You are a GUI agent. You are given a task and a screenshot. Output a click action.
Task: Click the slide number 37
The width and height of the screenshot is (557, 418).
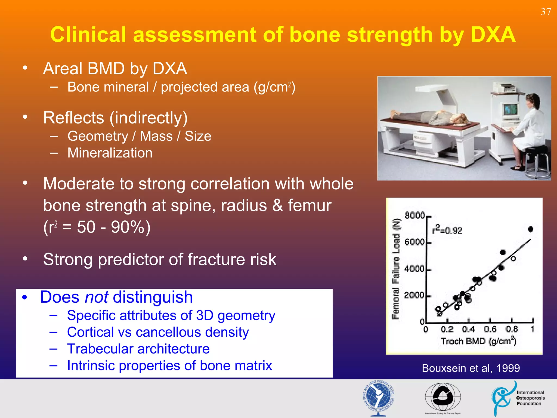(x=546, y=12)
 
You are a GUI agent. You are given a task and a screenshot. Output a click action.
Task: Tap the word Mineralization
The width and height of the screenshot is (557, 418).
(x=110, y=153)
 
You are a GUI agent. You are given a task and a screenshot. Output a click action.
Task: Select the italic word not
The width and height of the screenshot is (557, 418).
(x=97, y=297)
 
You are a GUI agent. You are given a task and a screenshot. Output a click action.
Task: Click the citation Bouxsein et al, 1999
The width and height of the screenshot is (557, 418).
(x=471, y=368)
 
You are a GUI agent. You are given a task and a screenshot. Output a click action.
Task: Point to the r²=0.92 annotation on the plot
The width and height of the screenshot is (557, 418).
(x=447, y=230)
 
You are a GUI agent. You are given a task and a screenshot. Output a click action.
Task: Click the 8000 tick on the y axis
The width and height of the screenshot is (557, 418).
(x=414, y=216)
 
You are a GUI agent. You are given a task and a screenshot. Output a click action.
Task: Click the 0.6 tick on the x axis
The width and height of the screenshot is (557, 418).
(x=490, y=330)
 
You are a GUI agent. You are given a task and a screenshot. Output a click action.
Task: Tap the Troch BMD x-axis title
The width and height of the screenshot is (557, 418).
(x=478, y=341)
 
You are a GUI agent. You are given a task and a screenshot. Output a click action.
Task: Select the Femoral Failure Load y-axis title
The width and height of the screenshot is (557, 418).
(x=396, y=268)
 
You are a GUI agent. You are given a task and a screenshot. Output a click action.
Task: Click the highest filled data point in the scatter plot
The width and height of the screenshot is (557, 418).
(x=530, y=229)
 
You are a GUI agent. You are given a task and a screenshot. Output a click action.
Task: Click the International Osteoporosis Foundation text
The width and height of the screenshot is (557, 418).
(x=530, y=398)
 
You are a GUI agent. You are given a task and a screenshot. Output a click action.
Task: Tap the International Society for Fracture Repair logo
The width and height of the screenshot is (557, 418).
(x=443, y=397)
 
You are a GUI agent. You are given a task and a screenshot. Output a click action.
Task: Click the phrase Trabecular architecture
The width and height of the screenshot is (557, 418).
(x=138, y=349)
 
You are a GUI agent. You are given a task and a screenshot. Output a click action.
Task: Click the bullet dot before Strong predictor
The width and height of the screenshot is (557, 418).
(x=25, y=259)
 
